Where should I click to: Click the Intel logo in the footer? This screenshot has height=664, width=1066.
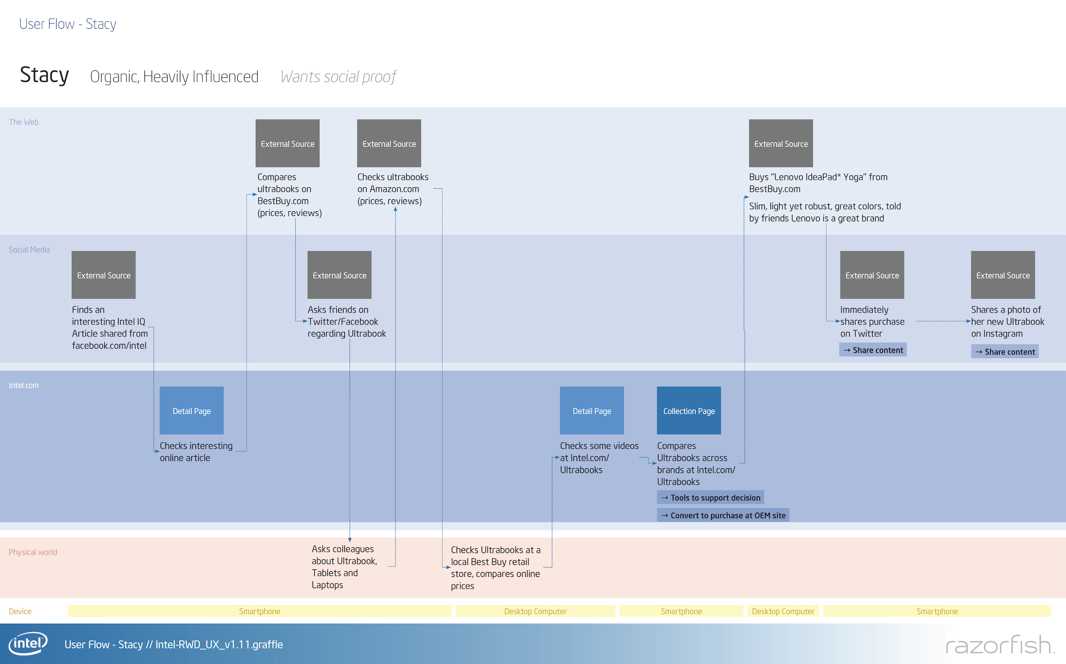(x=28, y=643)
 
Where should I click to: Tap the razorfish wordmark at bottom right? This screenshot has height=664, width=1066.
(x=998, y=645)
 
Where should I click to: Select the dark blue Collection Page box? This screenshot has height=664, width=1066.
(x=689, y=411)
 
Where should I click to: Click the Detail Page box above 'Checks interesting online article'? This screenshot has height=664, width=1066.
(x=191, y=411)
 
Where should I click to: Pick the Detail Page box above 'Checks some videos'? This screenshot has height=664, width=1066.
(x=591, y=411)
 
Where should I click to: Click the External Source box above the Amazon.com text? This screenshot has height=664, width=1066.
(x=389, y=143)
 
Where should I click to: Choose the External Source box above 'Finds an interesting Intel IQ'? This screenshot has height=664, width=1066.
(x=103, y=275)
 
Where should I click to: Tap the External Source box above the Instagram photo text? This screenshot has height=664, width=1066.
(x=1002, y=275)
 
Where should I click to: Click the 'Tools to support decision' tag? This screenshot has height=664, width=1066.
(x=710, y=497)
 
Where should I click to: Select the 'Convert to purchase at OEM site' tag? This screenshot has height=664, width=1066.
(x=723, y=515)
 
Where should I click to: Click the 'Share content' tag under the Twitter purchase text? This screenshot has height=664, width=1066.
(x=872, y=350)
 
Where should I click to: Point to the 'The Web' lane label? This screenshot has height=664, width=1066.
(x=24, y=122)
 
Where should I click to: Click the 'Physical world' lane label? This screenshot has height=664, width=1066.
(x=33, y=552)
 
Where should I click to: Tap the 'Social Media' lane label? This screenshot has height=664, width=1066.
(x=29, y=250)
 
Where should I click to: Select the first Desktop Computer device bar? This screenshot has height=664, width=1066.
(x=535, y=611)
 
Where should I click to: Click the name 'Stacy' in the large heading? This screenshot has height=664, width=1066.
(x=44, y=75)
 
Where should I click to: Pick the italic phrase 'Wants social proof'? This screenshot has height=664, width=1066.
(x=339, y=77)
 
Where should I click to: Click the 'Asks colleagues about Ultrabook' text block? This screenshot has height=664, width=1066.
(x=344, y=566)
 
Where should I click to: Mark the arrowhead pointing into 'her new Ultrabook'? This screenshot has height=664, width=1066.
(x=968, y=321)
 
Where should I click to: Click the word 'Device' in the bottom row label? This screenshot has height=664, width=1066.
(x=20, y=611)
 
